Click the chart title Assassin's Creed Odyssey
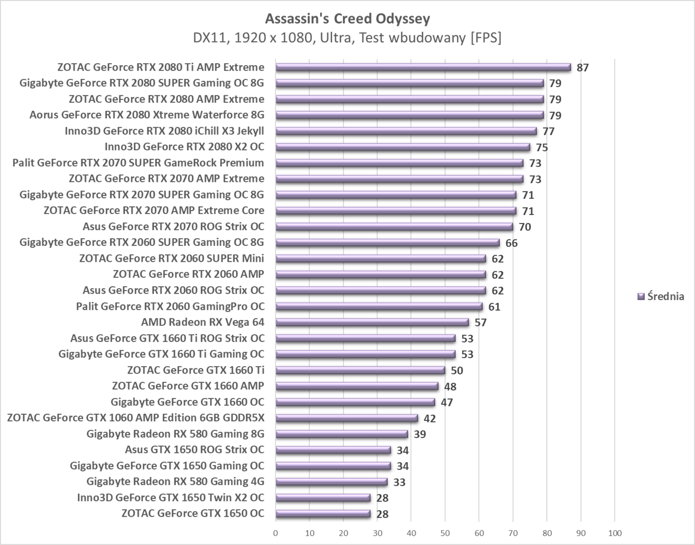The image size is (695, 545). pos(347,19)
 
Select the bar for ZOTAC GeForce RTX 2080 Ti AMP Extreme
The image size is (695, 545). pos(423,68)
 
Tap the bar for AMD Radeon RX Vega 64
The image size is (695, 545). pos(372,322)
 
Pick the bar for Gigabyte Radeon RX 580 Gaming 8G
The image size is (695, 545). pos(342,434)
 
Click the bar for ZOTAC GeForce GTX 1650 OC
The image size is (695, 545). pos(323,514)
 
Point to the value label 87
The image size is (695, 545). pos(582,68)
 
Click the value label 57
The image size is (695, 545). pos(480,322)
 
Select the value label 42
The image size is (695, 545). pos(429,418)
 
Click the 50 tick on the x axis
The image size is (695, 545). pos(445,534)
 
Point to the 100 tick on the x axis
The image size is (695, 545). pos(615,534)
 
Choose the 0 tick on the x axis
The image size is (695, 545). pos(276,534)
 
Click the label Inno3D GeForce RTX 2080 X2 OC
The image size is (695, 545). pos(184,147)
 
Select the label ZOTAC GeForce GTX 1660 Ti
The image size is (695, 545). pos(196,370)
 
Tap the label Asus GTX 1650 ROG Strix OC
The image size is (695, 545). pos(195,450)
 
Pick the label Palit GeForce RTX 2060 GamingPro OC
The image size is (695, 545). pos(170,306)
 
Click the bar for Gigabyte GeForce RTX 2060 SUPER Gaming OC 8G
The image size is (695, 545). pos(387,243)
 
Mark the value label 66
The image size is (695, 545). pos(511,243)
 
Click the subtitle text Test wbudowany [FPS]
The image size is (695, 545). pos(430,38)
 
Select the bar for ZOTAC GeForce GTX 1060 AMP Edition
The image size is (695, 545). pos(347,418)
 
